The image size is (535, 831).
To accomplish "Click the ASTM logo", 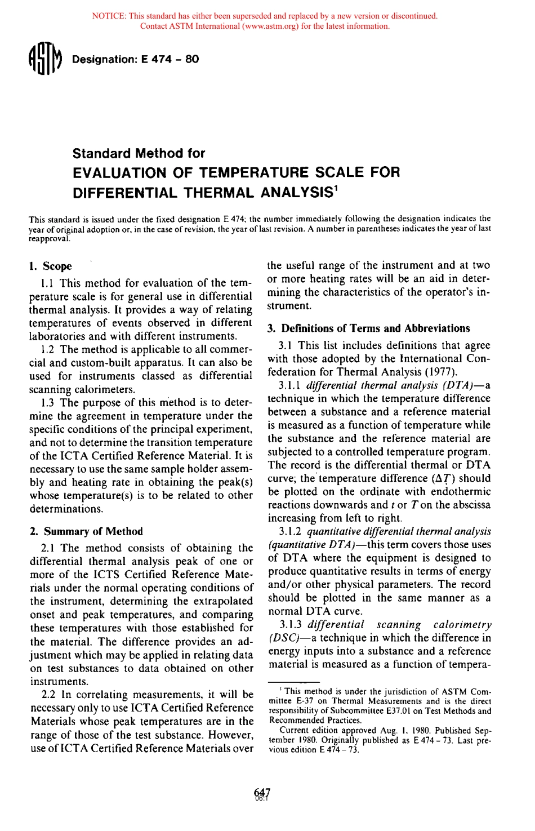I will (44, 59).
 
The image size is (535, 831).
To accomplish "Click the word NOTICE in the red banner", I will (108, 16).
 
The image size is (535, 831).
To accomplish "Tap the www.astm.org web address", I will (270, 26).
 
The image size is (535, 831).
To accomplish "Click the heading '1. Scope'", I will (50, 266).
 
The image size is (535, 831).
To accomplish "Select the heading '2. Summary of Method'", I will (86, 531).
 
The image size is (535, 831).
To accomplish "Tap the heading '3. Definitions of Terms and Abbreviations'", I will (368, 328).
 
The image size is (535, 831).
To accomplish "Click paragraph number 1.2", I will (48, 349).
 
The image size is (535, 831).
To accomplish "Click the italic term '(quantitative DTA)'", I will (308, 545).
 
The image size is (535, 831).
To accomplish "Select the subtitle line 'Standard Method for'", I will (139, 153).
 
